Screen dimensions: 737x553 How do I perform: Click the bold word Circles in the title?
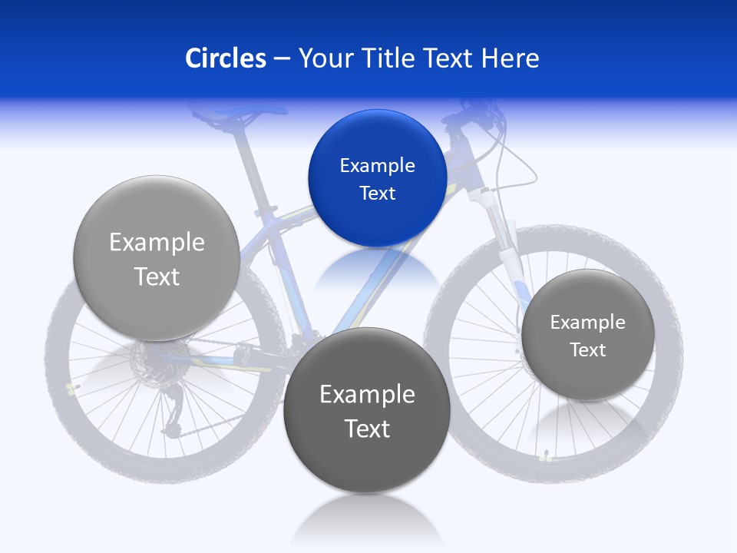[x=225, y=58]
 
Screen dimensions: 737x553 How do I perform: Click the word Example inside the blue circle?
[x=377, y=165]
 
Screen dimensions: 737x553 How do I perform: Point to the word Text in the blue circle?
[x=377, y=193]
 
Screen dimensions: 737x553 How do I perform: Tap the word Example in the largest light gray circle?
[x=157, y=242]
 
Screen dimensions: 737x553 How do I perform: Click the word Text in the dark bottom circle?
[x=367, y=428]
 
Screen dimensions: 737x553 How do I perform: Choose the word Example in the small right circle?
[x=587, y=322]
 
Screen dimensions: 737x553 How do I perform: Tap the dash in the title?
[x=282, y=59]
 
